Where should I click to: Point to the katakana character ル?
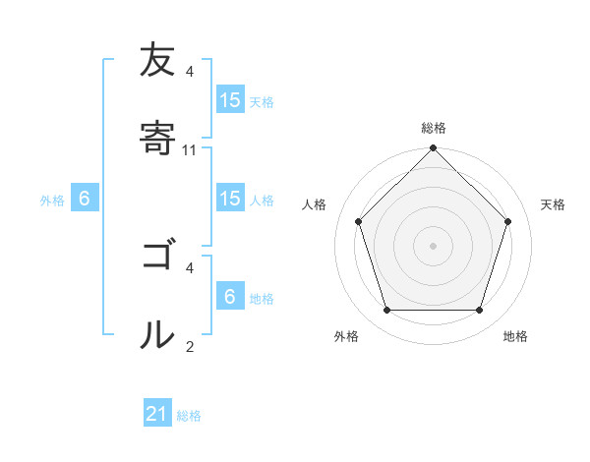tap(156, 333)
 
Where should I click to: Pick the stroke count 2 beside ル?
tap(190, 346)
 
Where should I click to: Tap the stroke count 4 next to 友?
tap(190, 72)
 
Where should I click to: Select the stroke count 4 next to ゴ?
tap(190, 267)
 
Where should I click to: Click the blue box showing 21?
tap(157, 415)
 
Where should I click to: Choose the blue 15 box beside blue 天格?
tap(230, 100)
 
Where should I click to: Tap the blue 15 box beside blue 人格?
tap(230, 200)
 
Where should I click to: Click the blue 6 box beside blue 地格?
tap(230, 297)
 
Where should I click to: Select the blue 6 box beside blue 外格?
tap(85, 200)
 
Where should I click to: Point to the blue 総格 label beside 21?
tap(189, 416)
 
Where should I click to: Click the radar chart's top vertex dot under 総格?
tap(433, 149)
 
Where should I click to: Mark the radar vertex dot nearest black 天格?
tap(508, 221)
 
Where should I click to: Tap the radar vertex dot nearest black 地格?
tap(479, 310)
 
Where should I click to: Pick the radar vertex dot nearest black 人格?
tap(358, 221)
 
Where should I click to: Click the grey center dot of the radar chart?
tap(433, 245)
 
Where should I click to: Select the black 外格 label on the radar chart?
tap(346, 336)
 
